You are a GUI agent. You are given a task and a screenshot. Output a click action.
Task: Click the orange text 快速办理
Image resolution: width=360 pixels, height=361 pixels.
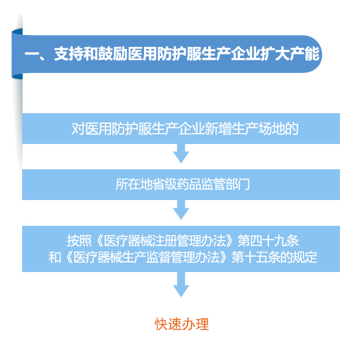tap(182, 324)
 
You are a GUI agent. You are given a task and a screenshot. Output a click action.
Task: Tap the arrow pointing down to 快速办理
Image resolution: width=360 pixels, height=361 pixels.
tap(181, 284)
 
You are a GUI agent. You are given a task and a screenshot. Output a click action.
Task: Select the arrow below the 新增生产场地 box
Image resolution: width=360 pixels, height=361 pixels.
tap(181, 154)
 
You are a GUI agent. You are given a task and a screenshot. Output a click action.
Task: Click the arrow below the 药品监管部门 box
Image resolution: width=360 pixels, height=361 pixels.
tap(181, 210)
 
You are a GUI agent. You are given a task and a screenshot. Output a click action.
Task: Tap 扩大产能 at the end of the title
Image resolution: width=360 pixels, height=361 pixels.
tap(290, 54)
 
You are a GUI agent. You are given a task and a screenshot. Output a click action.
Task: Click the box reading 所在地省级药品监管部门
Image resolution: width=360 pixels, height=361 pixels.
tap(181, 185)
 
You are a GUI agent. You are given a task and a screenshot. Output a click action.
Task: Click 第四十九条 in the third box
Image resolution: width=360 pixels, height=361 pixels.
tap(268, 241)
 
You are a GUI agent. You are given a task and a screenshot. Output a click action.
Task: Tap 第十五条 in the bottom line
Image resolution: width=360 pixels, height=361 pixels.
tap(256, 257)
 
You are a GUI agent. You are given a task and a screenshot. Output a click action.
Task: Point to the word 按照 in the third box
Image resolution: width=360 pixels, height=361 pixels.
tap(79, 241)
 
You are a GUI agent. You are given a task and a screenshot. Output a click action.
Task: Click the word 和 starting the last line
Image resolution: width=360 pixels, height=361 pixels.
tap(55, 257)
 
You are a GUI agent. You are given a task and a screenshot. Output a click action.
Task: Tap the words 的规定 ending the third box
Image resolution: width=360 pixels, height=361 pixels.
tap(299, 257)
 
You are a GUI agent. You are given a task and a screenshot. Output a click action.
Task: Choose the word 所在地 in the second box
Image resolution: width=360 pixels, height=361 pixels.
tap(134, 185)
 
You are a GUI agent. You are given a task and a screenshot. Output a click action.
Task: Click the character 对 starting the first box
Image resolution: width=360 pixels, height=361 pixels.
tap(78, 129)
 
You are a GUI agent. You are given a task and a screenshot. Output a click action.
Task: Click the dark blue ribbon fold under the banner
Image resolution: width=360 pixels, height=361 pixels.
tap(17, 76)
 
